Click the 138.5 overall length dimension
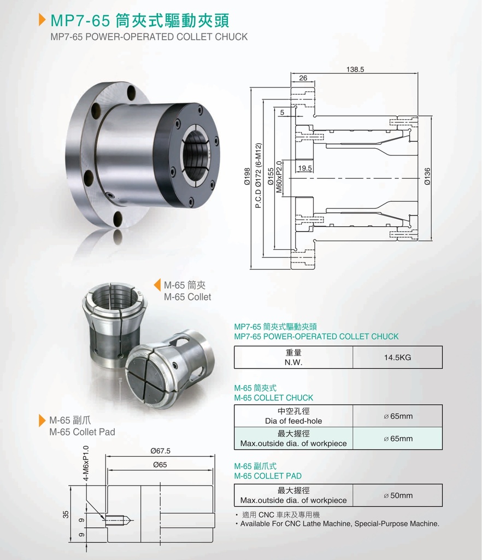coord(355,69)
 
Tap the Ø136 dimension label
coord(427,177)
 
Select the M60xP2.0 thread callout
coord(279,177)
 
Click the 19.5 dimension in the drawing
coord(305,168)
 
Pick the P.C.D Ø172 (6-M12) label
coord(258,176)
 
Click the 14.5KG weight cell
coord(397,357)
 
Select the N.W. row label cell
coord(293,357)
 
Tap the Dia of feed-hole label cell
coord(293,416)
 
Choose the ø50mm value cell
coord(397,495)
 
